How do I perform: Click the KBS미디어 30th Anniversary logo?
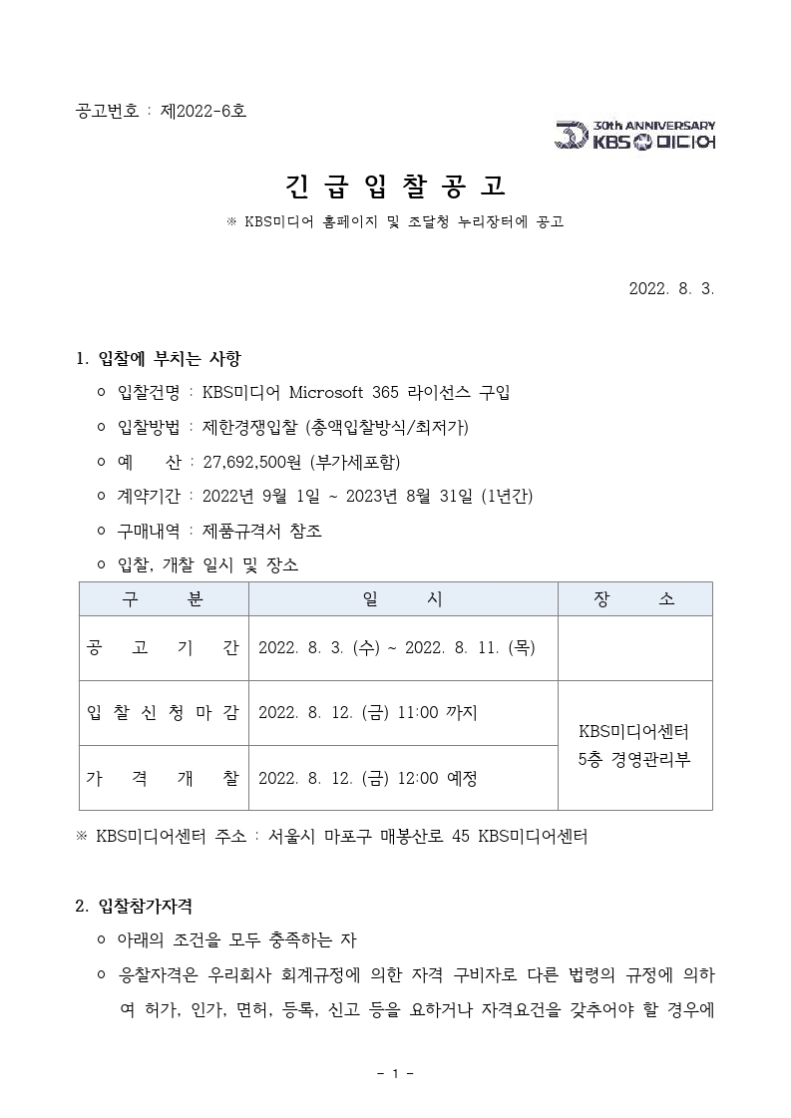click(x=634, y=136)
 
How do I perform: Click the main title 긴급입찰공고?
click(x=395, y=185)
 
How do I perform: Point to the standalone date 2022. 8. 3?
click(x=671, y=289)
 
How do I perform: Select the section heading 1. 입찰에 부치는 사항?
click(x=159, y=359)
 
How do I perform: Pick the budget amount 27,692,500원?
click(x=253, y=462)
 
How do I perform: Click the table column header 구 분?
click(x=164, y=599)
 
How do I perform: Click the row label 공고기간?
click(x=164, y=648)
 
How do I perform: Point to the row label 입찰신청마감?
click(x=164, y=713)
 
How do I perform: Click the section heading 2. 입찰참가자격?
click(x=134, y=907)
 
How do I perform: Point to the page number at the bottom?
click(x=395, y=1074)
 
